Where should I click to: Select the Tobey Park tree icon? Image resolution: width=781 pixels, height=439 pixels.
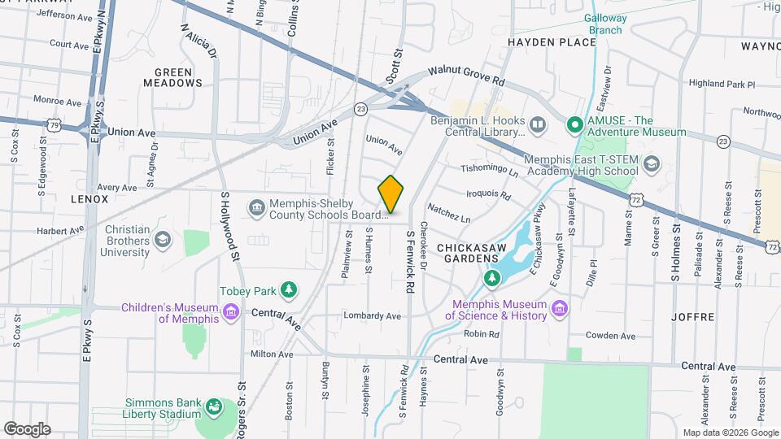(x=287, y=290)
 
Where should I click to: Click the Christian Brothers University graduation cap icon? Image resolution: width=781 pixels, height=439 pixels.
(x=163, y=239)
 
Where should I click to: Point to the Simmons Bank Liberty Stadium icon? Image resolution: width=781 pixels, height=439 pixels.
(x=214, y=406)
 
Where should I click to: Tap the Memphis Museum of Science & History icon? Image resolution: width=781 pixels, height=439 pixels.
(x=558, y=309)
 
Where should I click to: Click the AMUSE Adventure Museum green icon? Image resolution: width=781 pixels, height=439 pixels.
(x=574, y=125)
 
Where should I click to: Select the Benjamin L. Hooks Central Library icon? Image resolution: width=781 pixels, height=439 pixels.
(x=537, y=125)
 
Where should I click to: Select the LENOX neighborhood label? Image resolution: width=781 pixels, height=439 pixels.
(x=89, y=198)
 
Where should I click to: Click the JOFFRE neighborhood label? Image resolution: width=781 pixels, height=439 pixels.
(x=693, y=316)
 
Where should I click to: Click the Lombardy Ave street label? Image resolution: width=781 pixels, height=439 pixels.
(x=373, y=315)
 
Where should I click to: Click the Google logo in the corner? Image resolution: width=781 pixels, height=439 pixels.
(x=27, y=428)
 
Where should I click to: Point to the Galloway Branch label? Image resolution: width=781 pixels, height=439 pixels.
(x=603, y=24)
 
